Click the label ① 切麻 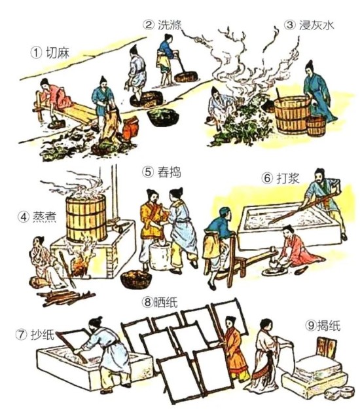point(50,53)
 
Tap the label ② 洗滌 point(162,25)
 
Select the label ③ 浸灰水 point(309,25)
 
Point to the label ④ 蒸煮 point(37,217)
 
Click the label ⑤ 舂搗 point(162,172)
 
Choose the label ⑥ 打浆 point(280,178)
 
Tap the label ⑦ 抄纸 point(35,335)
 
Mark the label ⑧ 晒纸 point(160,302)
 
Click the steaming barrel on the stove point(86,218)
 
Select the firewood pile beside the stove point(65,297)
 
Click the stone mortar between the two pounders point(160,256)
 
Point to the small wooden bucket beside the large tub point(315,126)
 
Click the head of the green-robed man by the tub point(310,67)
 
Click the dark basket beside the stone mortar point(136,279)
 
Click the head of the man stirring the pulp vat point(320,176)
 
